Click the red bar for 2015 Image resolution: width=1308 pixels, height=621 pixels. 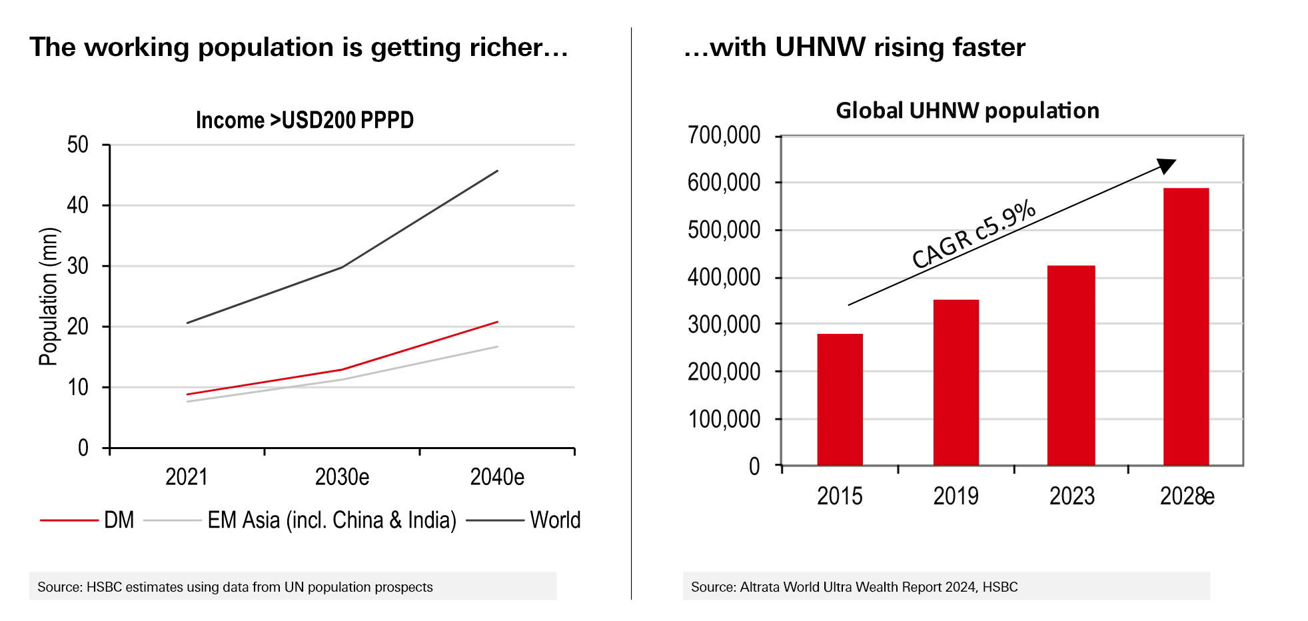click(x=840, y=399)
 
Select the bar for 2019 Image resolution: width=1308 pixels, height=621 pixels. click(x=956, y=382)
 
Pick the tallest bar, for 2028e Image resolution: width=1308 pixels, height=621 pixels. click(x=1186, y=326)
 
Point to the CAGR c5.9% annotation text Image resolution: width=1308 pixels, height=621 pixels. click(x=974, y=234)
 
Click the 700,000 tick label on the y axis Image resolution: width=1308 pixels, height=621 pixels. click(x=724, y=135)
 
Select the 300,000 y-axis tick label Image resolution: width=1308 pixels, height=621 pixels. click(x=724, y=324)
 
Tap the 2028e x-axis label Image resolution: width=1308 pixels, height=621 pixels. click(x=1187, y=496)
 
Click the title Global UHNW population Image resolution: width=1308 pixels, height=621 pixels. click(x=968, y=111)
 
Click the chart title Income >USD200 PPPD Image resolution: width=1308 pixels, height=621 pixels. click(x=305, y=121)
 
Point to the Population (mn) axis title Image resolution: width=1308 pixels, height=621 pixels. click(x=49, y=297)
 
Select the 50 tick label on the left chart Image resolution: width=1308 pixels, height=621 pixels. click(x=78, y=145)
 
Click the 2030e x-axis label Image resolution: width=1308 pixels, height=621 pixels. click(x=342, y=477)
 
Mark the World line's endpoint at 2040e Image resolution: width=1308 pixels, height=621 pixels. click(x=497, y=171)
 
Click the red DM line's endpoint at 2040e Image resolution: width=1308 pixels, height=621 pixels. click(x=497, y=322)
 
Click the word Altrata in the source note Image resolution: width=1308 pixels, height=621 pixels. click(x=760, y=587)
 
